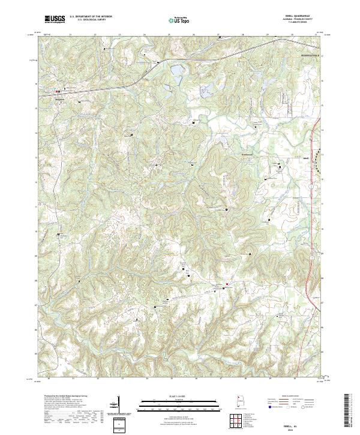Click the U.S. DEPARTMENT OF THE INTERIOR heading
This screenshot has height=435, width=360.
pos(91,17)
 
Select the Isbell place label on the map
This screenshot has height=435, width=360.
pos(289,159)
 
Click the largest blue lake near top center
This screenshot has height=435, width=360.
pos(178,73)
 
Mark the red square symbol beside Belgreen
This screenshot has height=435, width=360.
pos(58,92)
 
